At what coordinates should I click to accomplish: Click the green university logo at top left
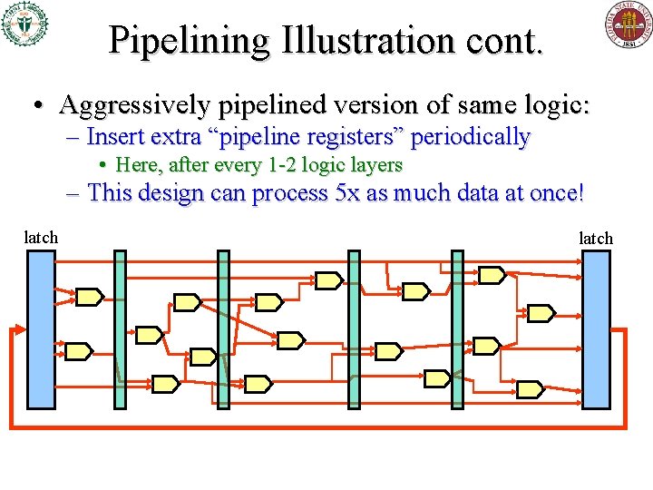(x=24, y=24)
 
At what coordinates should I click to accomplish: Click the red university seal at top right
(x=629, y=24)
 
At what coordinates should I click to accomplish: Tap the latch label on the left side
(x=41, y=238)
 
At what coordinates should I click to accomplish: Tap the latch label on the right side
(x=596, y=238)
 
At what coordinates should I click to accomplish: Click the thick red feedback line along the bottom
(x=317, y=426)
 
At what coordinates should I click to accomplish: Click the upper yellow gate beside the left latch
(x=89, y=296)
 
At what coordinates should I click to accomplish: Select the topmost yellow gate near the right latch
(x=491, y=274)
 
